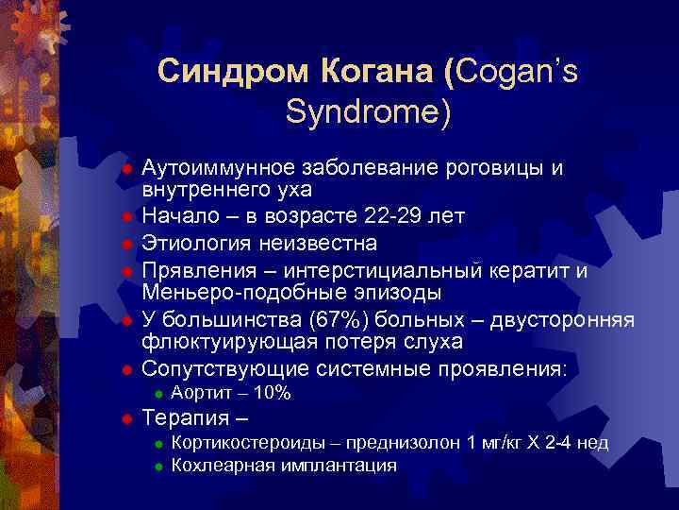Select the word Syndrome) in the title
click(368, 112)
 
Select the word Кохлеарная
click(221, 465)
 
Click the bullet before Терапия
click(125, 418)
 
